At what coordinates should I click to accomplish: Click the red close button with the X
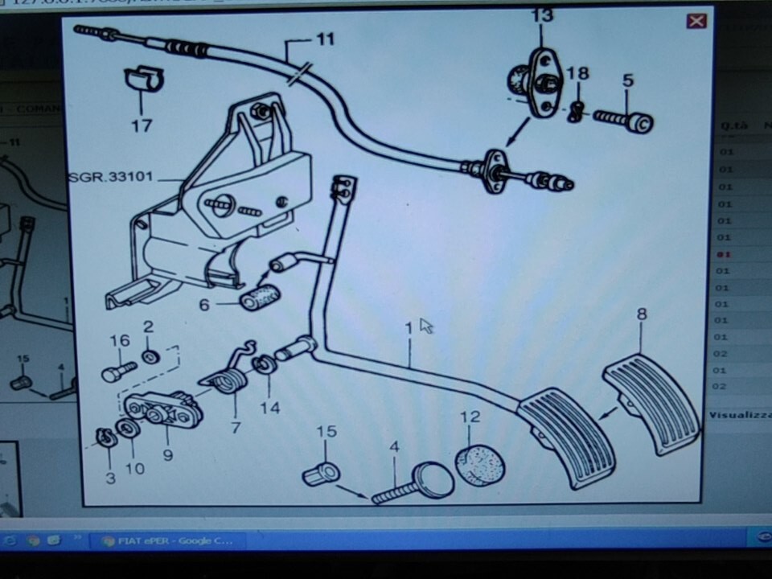tap(696, 21)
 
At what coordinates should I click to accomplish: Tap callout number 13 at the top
tap(542, 15)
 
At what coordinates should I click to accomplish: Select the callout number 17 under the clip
tap(142, 125)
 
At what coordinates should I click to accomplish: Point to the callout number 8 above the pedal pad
tap(641, 314)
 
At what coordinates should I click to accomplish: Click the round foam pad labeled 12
tap(480, 466)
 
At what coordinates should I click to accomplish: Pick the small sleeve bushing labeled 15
tap(321, 473)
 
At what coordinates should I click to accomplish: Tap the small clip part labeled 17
tap(143, 79)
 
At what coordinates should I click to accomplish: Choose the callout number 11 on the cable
tap(324, 39)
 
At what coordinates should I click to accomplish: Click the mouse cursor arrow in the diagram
tap(425, 325)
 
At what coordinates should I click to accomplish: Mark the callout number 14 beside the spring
tap(269, 408)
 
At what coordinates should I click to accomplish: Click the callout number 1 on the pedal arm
tap(409, 327)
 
